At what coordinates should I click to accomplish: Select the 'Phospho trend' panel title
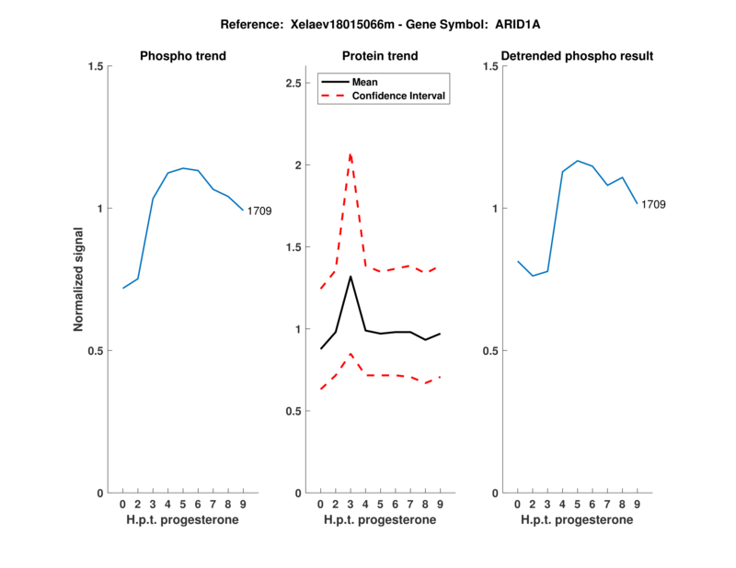click(x=183, y=56)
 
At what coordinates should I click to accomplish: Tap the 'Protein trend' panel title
click(x=380, y=56)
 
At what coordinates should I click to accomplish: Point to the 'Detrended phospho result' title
click(x=577, y=56)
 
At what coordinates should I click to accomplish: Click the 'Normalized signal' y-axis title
click(x=78, y=279)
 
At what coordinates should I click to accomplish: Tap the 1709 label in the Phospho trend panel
click(x=259, y=211)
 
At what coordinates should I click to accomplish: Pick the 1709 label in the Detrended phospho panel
click(x=653, y=204)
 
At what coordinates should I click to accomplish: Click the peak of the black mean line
click(x=351, y=276)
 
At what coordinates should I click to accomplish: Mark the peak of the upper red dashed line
click(x=351, y=154)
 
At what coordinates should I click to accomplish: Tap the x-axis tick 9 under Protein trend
click(x=440, y=504)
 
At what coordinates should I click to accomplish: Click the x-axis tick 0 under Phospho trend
click(x=122, y=504)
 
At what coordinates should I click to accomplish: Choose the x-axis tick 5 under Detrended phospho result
click(x=577, y=504)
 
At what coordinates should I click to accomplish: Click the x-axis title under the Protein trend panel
click(x=380, y=519)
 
